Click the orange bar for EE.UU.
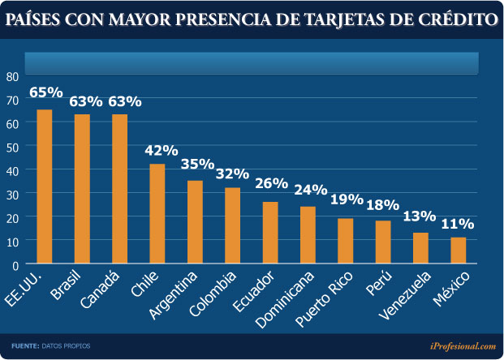pos(45,186)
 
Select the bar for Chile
pos(157,214)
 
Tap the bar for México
pos(459,251)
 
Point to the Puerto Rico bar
pos(346,241)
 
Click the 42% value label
pos(161,151)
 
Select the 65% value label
pos(45,92)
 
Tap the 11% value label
pos(458,224)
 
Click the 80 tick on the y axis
pos(11,76)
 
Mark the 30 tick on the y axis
pos(11,194)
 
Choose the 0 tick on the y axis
pos(15,264)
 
